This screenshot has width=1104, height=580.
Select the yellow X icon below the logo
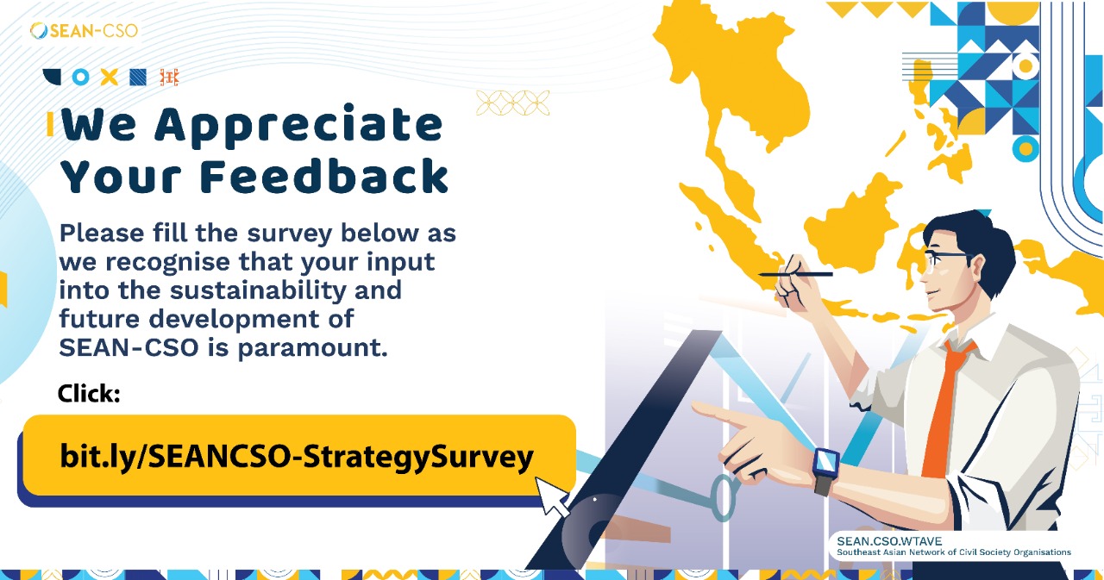[x=109, y=77]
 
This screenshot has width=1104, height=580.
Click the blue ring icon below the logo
[x=80, y=77]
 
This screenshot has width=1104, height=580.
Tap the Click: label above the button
[x=88, y=394]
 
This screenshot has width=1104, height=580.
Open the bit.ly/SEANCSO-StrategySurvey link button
[x=298, y=457]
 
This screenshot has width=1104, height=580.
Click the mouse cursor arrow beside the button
[x=552, y=498]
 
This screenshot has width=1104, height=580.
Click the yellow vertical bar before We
[x=50, y=125]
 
